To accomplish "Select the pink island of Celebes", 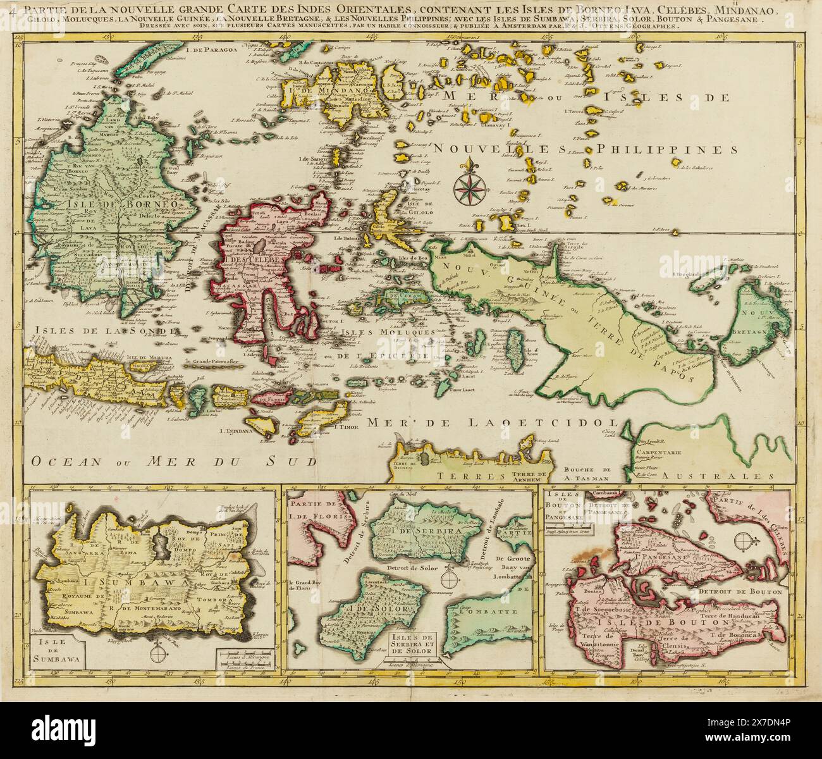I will (x=266, y=266).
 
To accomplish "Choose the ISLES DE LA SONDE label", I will (x=82, y=330).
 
